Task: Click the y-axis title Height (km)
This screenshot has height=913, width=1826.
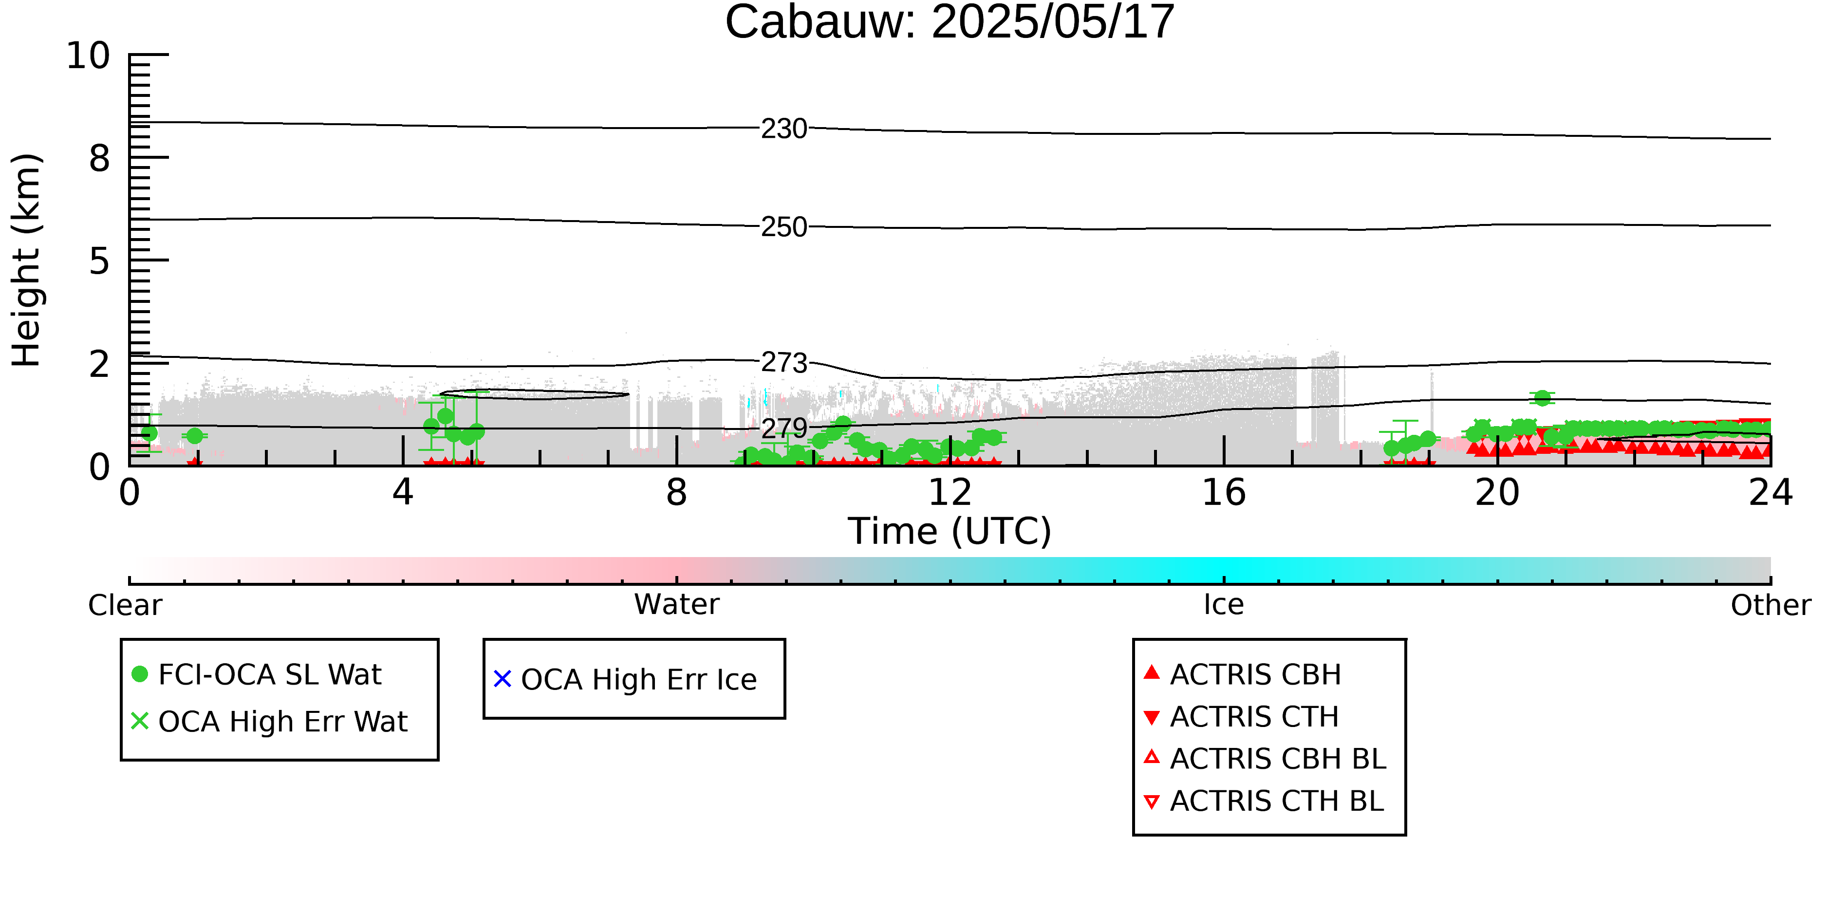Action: click(x=26, y=260)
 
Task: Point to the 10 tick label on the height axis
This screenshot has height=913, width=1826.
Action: click(x=89, y=56)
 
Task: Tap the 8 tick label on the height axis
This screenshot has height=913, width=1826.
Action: click(x=100, y=158)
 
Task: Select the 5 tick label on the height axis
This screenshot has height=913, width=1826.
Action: click(x=100, y=261)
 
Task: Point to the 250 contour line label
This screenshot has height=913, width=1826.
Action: click(x=784, y=227)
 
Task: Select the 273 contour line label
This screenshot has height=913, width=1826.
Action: click(x=784, y=363)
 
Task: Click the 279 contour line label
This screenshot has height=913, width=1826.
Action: click(x=784, y=428)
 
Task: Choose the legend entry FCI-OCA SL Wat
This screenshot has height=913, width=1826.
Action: click(x=257, y=674)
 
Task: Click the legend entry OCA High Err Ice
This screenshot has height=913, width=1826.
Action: click(x=625, y=679)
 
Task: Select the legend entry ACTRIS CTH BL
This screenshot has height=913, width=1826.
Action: click(x=1264, y=801)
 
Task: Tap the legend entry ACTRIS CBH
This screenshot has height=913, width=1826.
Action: click(x=1243, y=674)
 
